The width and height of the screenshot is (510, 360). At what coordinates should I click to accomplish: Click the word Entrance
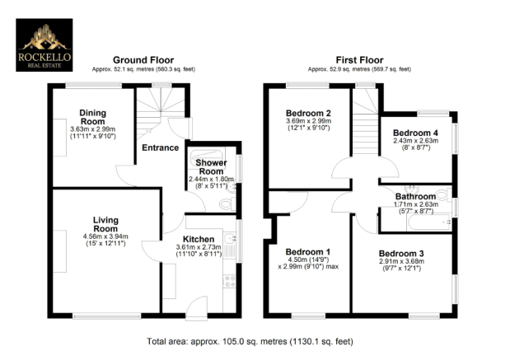[160, 148]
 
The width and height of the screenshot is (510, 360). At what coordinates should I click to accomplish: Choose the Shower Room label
[211, 167]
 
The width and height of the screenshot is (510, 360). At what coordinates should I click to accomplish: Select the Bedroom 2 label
[308, 114]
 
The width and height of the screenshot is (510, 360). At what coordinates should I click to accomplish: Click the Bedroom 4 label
[415, 133]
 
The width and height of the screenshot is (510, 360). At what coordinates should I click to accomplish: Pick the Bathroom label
[414, 197]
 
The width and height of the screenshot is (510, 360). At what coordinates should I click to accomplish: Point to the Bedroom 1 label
[307, 251]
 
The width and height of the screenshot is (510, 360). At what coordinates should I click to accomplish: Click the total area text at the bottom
[250, 340]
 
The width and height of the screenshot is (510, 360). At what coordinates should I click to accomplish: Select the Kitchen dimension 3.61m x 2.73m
[201, 247]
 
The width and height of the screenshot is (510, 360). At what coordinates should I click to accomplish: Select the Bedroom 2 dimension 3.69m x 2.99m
[307, 123]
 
